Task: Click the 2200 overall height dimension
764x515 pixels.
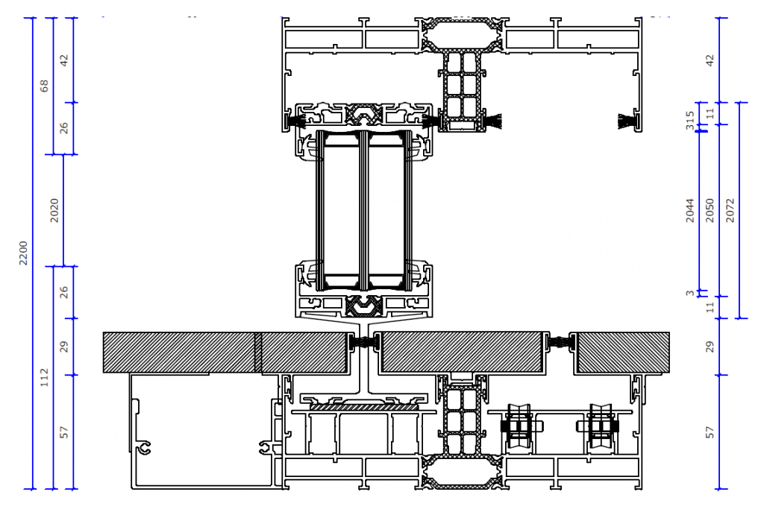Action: click(x=23, y=253)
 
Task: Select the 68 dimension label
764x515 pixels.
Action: click(x=44, y=86)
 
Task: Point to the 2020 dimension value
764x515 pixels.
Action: click(x=54, y=210)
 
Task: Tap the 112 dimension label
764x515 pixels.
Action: click(x=44, y=377)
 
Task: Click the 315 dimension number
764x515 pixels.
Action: click(x=690, y=119)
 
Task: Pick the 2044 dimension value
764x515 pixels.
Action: click(x=690, y=210)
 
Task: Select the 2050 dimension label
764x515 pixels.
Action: click(x=710, y=210)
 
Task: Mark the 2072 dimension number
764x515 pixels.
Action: click(x=730, y=210)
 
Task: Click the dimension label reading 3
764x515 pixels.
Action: click(x=690, y=293)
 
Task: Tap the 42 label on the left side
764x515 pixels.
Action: click(x=64, y=60)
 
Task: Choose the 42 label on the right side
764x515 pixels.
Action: click(x=710, y=60)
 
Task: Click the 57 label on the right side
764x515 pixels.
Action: click(x=710, y=432)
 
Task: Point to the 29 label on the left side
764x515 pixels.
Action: click(x=64, y=347)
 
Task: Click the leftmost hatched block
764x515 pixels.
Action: click(x=179, y=352)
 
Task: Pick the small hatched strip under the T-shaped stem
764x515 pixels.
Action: click(x=364, y=407)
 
